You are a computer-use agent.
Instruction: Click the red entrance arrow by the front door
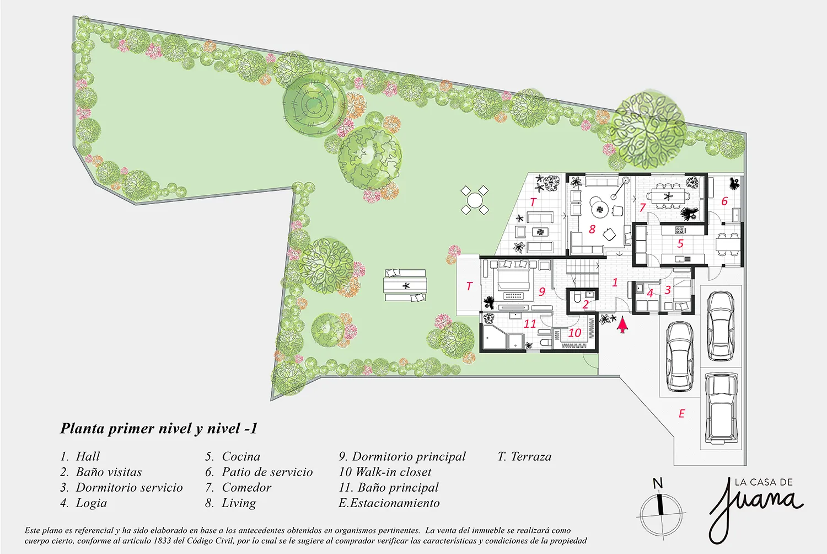pos(623,324)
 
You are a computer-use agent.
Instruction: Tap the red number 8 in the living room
pos(592,230)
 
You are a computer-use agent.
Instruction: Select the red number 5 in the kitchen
pos(680,243)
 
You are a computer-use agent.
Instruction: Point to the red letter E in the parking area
pos(682,413)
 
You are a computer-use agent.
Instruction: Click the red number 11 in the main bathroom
pos(530,324)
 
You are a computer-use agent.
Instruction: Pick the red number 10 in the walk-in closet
pos(575,333)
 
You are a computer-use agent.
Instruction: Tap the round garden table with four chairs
pos(474,201)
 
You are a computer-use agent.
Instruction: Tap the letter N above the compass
pos(658,483)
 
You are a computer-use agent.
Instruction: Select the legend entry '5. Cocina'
pos(233,456)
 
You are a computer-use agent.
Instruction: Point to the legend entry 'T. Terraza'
pos(524,457)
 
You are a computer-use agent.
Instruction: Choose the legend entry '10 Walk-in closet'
pos(385,472)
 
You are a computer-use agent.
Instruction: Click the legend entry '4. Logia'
pos(84,503)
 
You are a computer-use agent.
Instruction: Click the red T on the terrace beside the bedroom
pos(469,286)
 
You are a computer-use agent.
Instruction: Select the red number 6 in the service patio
pos(724,201)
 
